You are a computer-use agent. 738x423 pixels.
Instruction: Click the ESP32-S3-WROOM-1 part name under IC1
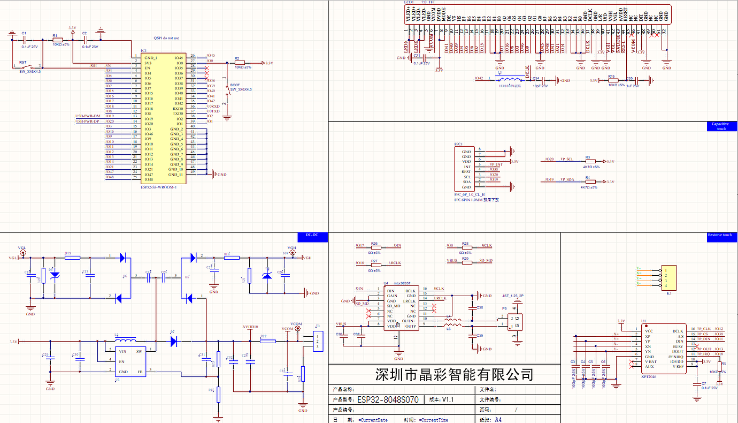(x=158, y=187)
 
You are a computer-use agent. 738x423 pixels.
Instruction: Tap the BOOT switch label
(x=235, y=85)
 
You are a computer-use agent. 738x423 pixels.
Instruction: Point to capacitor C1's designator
(x=24, y=33)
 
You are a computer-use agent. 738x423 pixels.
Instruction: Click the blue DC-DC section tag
(x=312, y=235)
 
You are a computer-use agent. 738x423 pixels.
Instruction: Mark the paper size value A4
(x=498, y=419)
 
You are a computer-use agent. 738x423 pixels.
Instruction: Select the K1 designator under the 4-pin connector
(x=668, y=293)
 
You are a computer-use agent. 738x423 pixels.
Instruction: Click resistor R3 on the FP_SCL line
(x=590, y=161)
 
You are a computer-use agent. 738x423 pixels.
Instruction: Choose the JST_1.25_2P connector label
(x=513, y=296)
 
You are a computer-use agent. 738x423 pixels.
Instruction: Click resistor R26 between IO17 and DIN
(x=374, y=246)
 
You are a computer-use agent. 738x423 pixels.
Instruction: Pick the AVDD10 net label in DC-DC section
(x=250, y=326)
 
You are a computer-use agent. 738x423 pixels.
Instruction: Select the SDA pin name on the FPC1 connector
(x=467, y=182)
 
